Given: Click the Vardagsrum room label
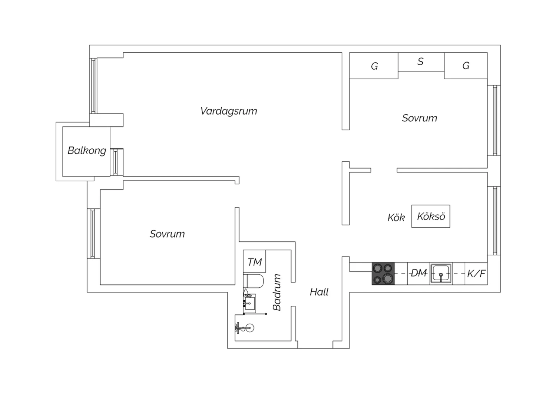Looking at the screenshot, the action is [229, 111].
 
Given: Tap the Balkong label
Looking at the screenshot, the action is [87, 151].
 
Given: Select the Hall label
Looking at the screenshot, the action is [319, 292].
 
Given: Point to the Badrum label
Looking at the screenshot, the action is [277, 293].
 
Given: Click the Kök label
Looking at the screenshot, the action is [396, 218].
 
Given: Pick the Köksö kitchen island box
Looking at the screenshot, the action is [431, 216].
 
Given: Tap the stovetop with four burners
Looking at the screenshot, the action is [383, 274].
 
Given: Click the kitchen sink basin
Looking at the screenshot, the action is [441, 274].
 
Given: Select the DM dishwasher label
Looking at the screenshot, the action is [419, 273].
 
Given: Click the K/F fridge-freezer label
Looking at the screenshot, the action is [476, 274].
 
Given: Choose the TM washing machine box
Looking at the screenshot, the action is [254, 261].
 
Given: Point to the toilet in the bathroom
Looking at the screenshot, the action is [253, 281].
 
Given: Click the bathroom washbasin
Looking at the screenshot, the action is [249, 303].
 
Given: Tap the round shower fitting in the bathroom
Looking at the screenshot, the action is [249, 328].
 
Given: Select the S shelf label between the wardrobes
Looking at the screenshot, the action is [420, 62].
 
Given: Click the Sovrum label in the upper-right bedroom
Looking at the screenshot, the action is [420, 118].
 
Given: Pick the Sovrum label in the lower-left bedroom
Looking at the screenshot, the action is [167, 234].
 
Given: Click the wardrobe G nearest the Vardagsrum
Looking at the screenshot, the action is [374, 66].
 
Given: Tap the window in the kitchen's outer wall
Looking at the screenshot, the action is [494, 221].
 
